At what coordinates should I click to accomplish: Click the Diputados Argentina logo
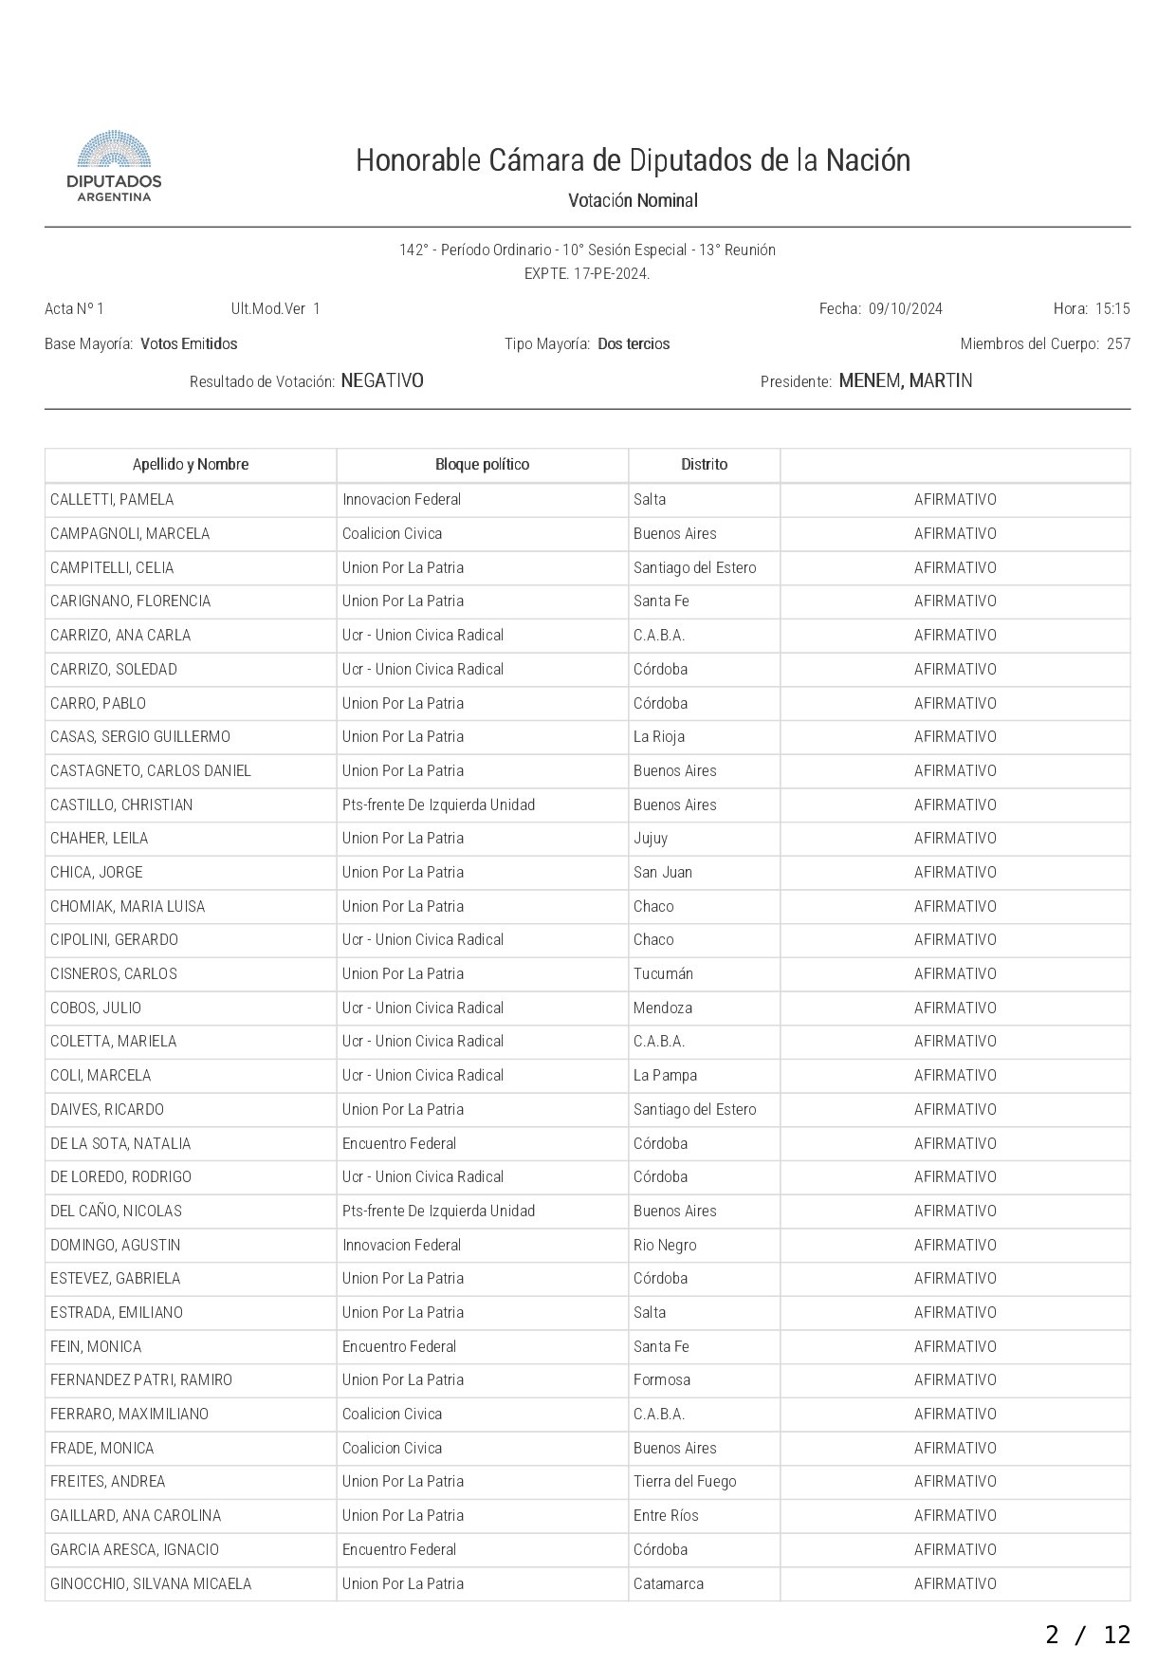tap(114, 166)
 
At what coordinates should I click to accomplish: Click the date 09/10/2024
tap(905, 309)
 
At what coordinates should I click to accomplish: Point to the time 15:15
tap(1112, 309)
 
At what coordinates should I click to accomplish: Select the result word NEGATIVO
tap(382, 381)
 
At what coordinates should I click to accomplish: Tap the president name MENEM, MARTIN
tap(906, 381)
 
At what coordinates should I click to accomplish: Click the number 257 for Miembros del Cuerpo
tap(1118, 344)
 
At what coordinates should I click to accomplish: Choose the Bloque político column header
tap(482, 465)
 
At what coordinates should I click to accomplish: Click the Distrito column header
tap(704, 465)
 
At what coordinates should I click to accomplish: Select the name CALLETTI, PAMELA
tap(112, 500)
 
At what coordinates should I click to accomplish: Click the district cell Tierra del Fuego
tap(685, 1482)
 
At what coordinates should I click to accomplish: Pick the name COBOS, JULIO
tap(96, 1008)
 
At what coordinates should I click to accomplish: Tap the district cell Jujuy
tap(651, 839)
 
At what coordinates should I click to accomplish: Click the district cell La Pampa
tap(665, 1076)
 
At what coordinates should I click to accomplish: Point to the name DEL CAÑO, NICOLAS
tap(116, 1212)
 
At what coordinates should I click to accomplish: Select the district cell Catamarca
tap(669, 1583)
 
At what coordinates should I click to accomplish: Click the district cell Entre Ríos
tap(666, 1516)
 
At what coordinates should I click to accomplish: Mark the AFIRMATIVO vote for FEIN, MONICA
tap(955, 1347)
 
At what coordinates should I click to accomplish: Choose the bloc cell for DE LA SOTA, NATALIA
tap(399, 1144)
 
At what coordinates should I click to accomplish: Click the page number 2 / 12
tap(1088, 1634)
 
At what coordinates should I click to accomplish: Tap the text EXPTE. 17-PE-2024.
tap(587, 274)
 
